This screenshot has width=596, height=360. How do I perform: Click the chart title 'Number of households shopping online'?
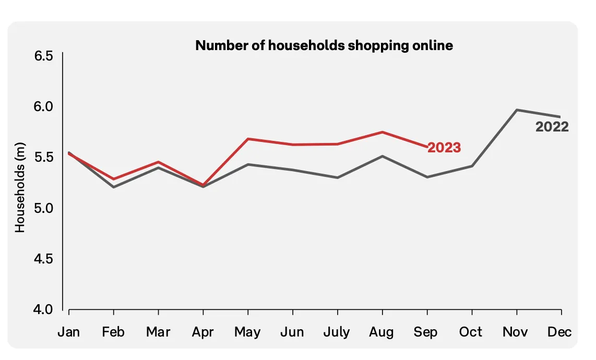[324, 45]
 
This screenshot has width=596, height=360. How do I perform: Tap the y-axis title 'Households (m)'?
[20, 187]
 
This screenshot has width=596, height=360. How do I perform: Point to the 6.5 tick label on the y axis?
[43, 56]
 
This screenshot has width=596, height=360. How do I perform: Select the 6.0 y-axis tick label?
[43, 106]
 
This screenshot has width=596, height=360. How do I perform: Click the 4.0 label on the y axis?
[43, 309]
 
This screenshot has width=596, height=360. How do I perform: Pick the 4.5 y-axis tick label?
[43, 259]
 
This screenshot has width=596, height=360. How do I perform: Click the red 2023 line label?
[444, 148]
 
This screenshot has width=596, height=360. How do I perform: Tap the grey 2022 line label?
[552, 127]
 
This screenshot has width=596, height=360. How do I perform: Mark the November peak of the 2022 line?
[517, 110]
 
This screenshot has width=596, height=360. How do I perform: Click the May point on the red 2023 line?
[248, 139]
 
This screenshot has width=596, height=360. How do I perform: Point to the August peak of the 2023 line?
[382, 132]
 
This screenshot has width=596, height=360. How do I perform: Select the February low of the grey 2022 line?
[114, 187]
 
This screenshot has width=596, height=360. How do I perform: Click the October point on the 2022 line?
[472, 166]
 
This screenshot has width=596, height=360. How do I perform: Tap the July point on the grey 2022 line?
[338, 177]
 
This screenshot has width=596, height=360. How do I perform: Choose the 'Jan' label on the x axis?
[69, 332]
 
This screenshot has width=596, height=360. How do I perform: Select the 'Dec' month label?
[559, 332]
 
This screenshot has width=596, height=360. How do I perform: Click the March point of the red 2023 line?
[158, 162]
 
